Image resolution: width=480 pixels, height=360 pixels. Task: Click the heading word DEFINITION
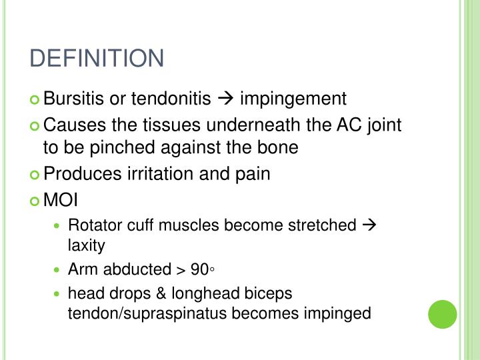coord(97,59)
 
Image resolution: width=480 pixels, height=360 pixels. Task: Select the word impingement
coord(293,99)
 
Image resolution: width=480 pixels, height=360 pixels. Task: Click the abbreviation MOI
coord(61,199)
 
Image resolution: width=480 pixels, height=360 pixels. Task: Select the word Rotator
coord(93,225)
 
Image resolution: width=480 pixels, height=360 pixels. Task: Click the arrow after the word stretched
coord(369,225)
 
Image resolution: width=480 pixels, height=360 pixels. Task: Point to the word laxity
coord(87,245)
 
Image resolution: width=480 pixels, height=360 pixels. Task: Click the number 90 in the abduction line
coord(199,269)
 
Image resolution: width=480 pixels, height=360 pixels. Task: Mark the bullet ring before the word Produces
coord(35,175)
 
